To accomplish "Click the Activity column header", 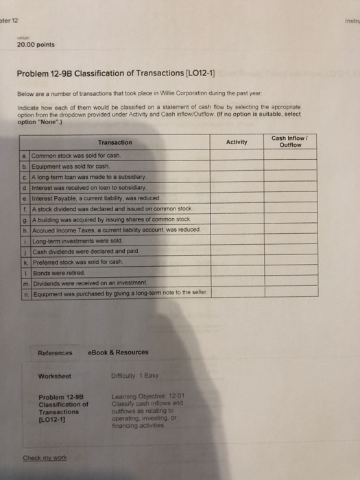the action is [237, 142].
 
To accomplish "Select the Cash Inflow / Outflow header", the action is [289, 141].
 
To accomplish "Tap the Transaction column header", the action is [115, 143].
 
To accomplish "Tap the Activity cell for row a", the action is [236, 156].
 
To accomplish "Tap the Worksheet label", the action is [55, 376].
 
